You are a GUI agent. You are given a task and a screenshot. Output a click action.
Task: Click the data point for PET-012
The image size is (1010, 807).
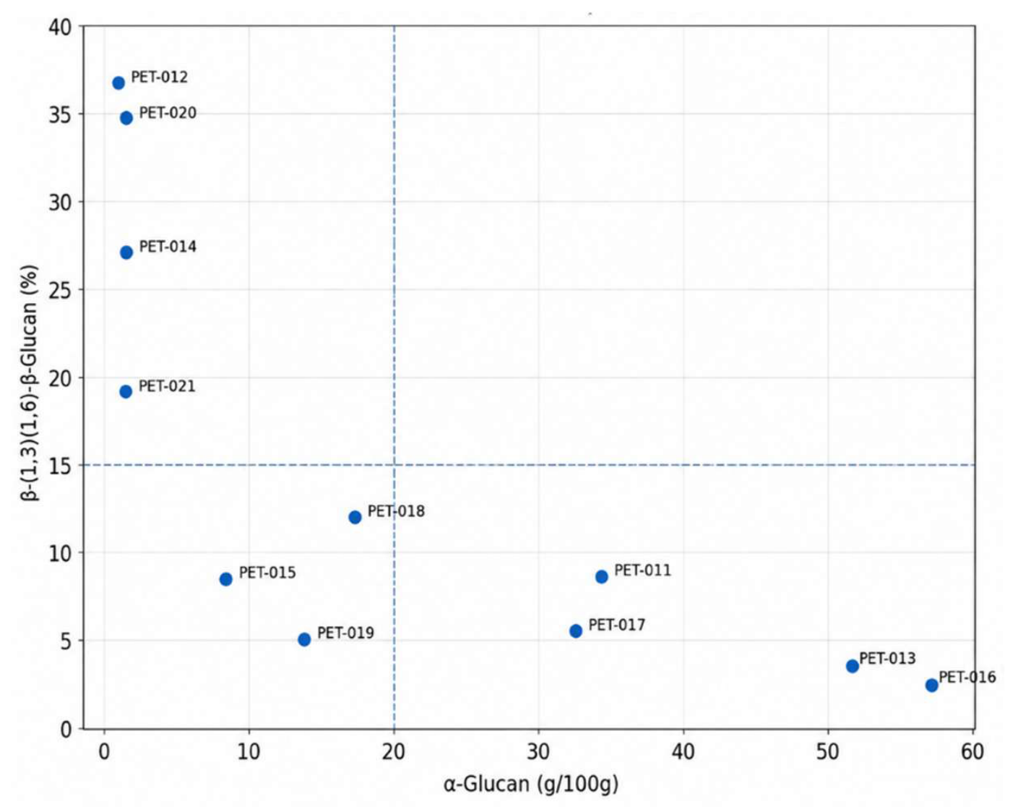(118, 83)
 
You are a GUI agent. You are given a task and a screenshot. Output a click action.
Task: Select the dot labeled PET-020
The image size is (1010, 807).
(126, 118)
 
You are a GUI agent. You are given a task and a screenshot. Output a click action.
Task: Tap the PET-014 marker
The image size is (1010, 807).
(126, 252)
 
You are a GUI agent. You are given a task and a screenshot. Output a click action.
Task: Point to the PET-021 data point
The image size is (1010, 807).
(126, 391)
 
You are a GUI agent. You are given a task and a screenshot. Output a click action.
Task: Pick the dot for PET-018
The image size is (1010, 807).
(355, 517)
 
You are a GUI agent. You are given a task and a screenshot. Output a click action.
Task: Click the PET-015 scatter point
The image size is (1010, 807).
(225, 579)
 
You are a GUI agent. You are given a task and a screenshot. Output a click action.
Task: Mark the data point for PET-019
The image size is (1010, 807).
(304, 639)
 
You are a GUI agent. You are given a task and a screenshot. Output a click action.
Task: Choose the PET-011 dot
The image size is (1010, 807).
(602, 577)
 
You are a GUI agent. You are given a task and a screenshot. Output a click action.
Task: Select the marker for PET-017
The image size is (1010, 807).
(576, 631)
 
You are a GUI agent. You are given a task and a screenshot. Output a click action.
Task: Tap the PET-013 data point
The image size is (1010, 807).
(853, 666)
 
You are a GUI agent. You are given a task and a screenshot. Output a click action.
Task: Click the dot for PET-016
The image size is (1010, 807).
(932, 686)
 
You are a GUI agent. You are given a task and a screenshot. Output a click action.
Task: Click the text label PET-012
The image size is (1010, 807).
(159, 77)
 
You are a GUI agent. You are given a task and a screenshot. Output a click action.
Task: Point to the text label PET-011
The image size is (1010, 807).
(642, 571)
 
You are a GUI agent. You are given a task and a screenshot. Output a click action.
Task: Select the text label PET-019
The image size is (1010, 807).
(345, 633)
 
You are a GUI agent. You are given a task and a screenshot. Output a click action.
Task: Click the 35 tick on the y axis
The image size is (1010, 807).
(61, 114)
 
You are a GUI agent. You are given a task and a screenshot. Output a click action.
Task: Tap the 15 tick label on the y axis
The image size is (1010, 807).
(61, 466)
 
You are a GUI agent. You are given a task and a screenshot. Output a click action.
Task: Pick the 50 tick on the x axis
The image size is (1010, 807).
(828, 752)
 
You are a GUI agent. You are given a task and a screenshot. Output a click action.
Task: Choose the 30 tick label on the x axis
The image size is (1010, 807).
(538, 752)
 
